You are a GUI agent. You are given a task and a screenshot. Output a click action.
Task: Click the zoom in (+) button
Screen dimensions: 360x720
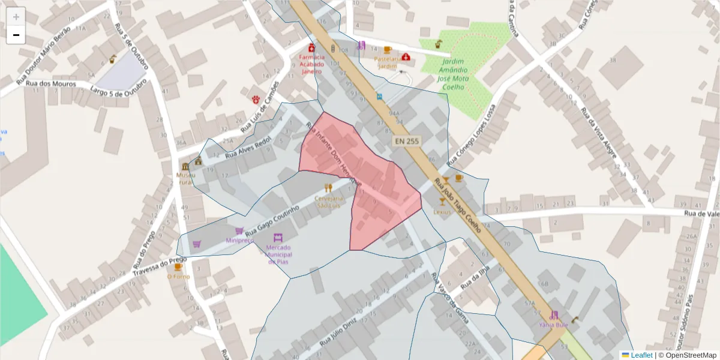pos(16,17)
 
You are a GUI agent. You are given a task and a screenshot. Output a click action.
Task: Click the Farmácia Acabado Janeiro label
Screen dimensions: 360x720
pos(311,64)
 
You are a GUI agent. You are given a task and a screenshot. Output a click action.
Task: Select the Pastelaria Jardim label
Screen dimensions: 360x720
pos(387,62)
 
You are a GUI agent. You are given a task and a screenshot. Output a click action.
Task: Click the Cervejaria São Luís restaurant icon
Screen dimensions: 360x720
pos(328,188)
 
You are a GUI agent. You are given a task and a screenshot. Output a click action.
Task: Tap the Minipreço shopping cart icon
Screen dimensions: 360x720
pos(239,230)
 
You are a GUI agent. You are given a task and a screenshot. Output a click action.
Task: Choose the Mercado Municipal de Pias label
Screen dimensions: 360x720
pos(278,254)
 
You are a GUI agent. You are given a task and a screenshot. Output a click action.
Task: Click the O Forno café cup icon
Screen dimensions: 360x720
pos(178,267)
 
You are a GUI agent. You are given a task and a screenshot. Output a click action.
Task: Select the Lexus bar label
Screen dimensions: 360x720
pos(442,212)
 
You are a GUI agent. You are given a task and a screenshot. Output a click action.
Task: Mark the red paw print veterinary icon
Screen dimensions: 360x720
pos(256,98)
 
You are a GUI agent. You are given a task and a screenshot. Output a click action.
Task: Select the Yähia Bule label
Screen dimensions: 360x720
pos(553,325)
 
